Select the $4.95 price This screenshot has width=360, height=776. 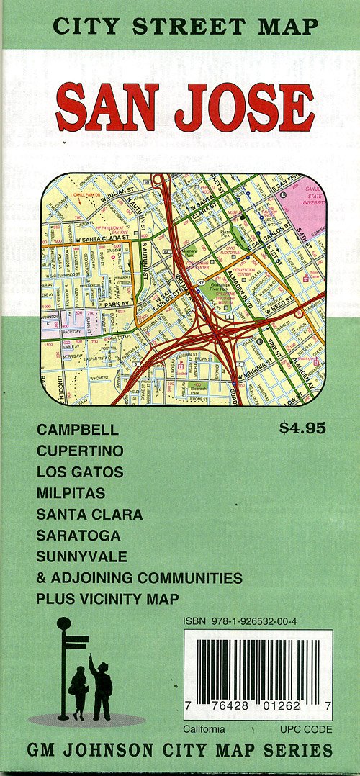coord(302,429)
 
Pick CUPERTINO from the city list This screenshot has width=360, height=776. coord(80,451)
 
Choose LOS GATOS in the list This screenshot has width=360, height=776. coord(80,472)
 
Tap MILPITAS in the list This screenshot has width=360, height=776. coord(71,493)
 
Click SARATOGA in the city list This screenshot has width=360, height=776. coord(78,536)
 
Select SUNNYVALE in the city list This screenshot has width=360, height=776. coord(81,556)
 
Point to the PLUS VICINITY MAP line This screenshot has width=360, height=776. coord(108,599)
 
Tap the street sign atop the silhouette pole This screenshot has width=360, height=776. coord(76,640)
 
